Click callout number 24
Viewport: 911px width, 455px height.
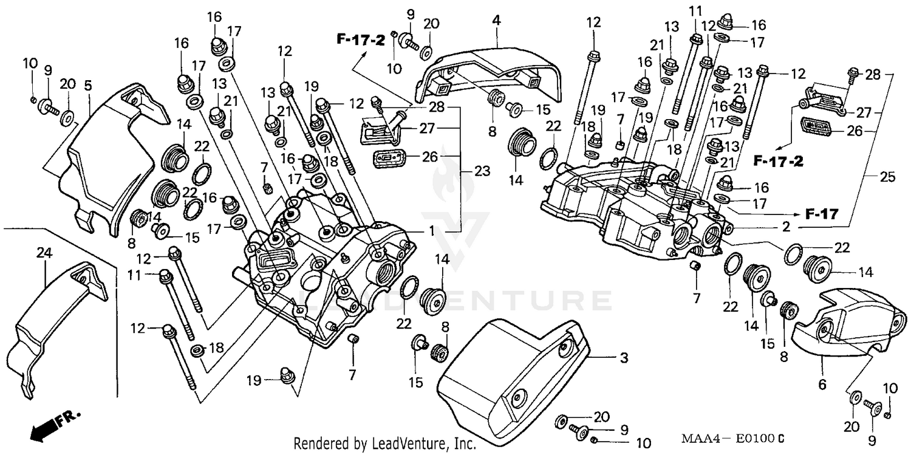click(42, 253)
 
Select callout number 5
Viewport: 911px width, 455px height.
click(88, 87)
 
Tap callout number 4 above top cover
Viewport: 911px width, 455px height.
click(496, 20)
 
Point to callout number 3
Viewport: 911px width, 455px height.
click(623, 358)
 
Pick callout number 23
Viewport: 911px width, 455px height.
click(482, 172)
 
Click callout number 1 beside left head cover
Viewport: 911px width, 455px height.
click(432, 231)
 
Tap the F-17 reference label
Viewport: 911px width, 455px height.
click(822, 214)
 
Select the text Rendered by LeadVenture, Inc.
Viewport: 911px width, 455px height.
click(385, 444)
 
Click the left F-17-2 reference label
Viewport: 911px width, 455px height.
click(361, 41)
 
